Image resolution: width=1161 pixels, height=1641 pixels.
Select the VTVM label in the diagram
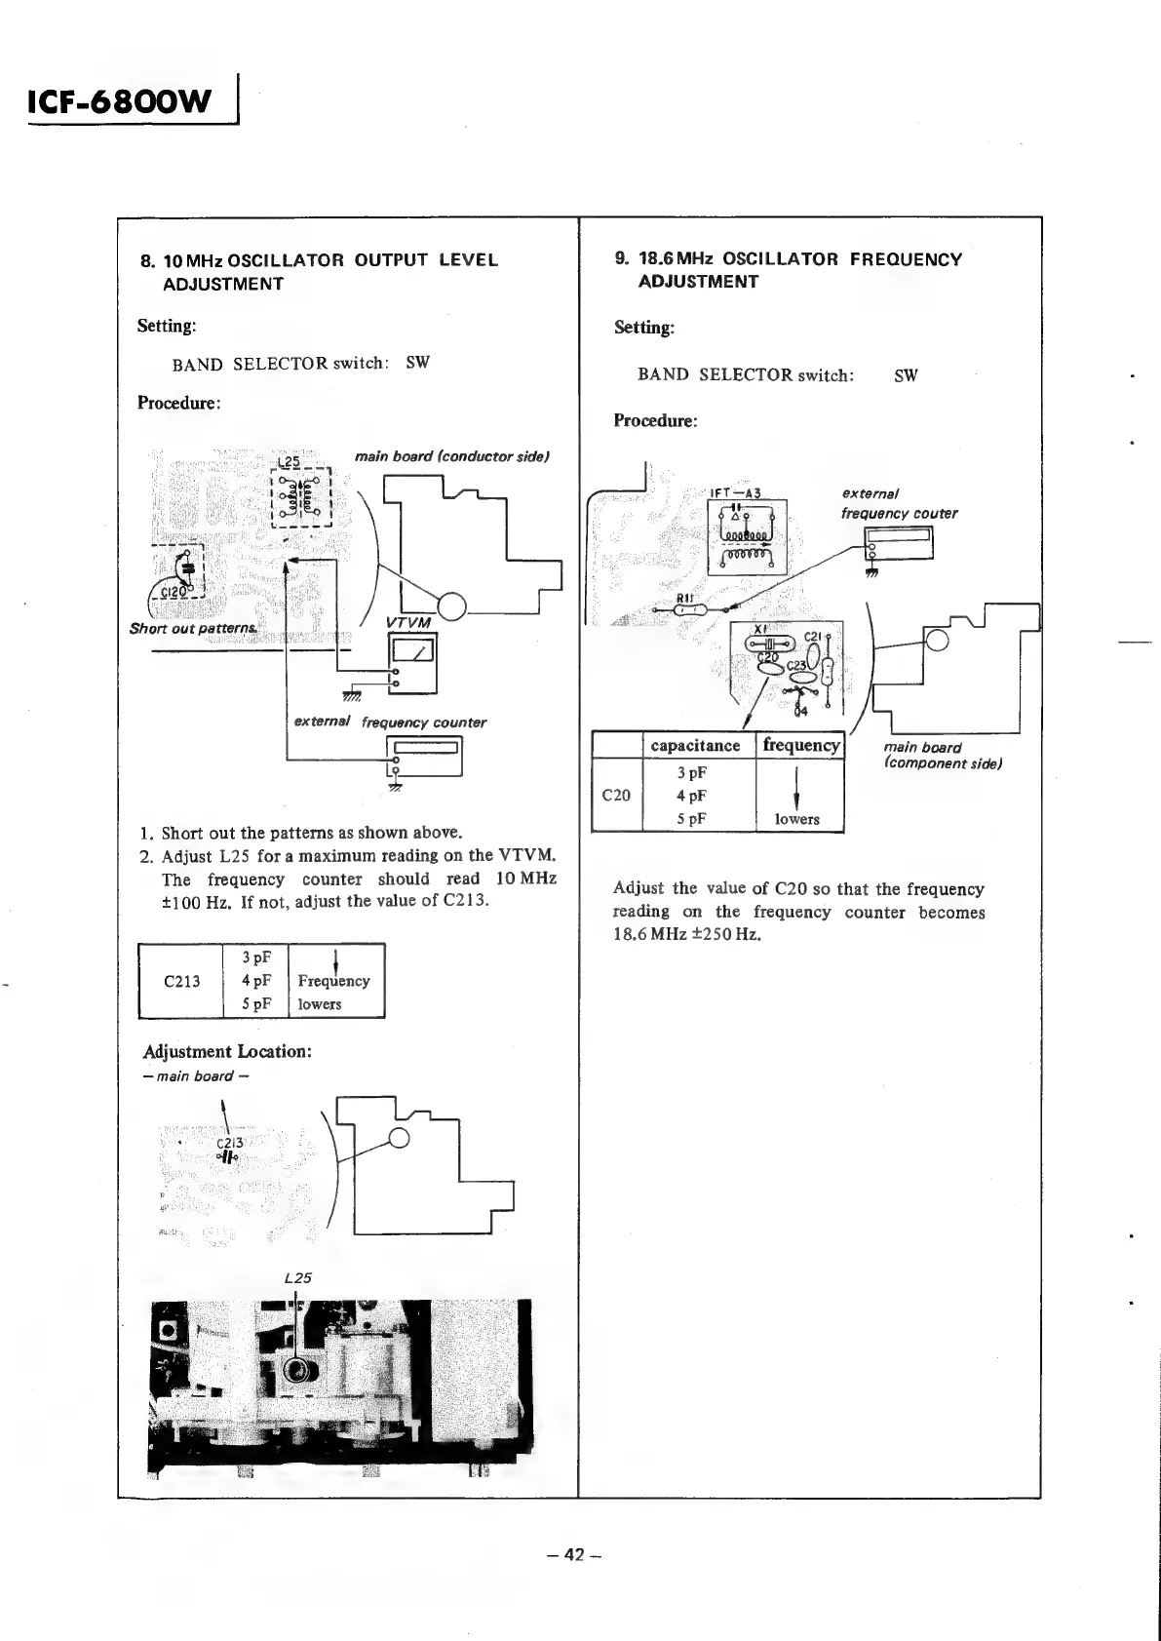point(408,623)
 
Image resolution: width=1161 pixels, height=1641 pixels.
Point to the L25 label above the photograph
point(297,1277)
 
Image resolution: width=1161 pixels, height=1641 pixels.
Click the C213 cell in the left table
point(181,981)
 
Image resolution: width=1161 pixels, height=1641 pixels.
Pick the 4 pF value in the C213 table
point(256,981)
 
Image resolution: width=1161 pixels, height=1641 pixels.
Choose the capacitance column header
point(695,746)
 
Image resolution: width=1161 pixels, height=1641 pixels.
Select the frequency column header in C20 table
point(800,746)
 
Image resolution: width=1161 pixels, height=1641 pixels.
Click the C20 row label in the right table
point(616,796)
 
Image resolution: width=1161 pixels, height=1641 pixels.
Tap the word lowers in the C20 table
point(797,820)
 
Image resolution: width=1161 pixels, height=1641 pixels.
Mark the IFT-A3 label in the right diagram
point(735,493)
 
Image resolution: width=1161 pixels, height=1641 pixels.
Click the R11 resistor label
point(683,598)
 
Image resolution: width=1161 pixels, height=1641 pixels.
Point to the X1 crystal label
point(761,629)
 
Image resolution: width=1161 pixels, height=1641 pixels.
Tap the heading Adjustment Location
point(227,1052)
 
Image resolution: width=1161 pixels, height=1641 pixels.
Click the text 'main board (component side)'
point(943,756)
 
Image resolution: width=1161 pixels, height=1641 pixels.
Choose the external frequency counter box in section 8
point(424,755)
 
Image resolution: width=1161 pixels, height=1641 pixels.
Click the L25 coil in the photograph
point(297,1373)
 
